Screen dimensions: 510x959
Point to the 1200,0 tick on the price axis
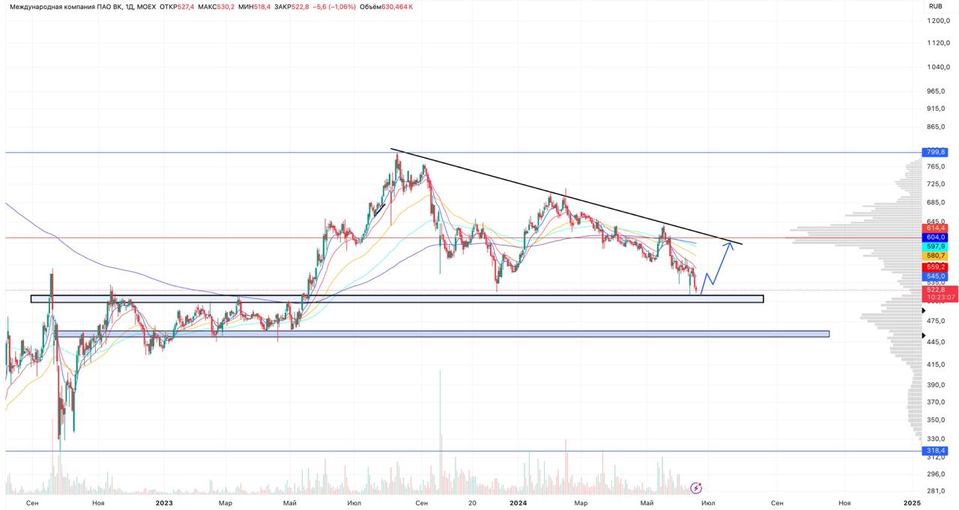point(939,20)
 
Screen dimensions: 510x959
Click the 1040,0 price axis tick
point(939,67)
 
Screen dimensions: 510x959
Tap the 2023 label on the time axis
point(164,503)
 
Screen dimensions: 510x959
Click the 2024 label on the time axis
point(518,503)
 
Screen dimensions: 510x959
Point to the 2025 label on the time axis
point(911,503)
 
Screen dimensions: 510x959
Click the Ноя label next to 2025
point(844,503)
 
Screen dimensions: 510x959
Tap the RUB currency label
point(935,6)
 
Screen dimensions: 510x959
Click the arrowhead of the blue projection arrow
point(731,243)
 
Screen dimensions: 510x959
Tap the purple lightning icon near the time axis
point(696,487)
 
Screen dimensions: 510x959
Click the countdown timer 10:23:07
point(940,297)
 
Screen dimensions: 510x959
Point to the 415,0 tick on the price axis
point(937,364)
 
